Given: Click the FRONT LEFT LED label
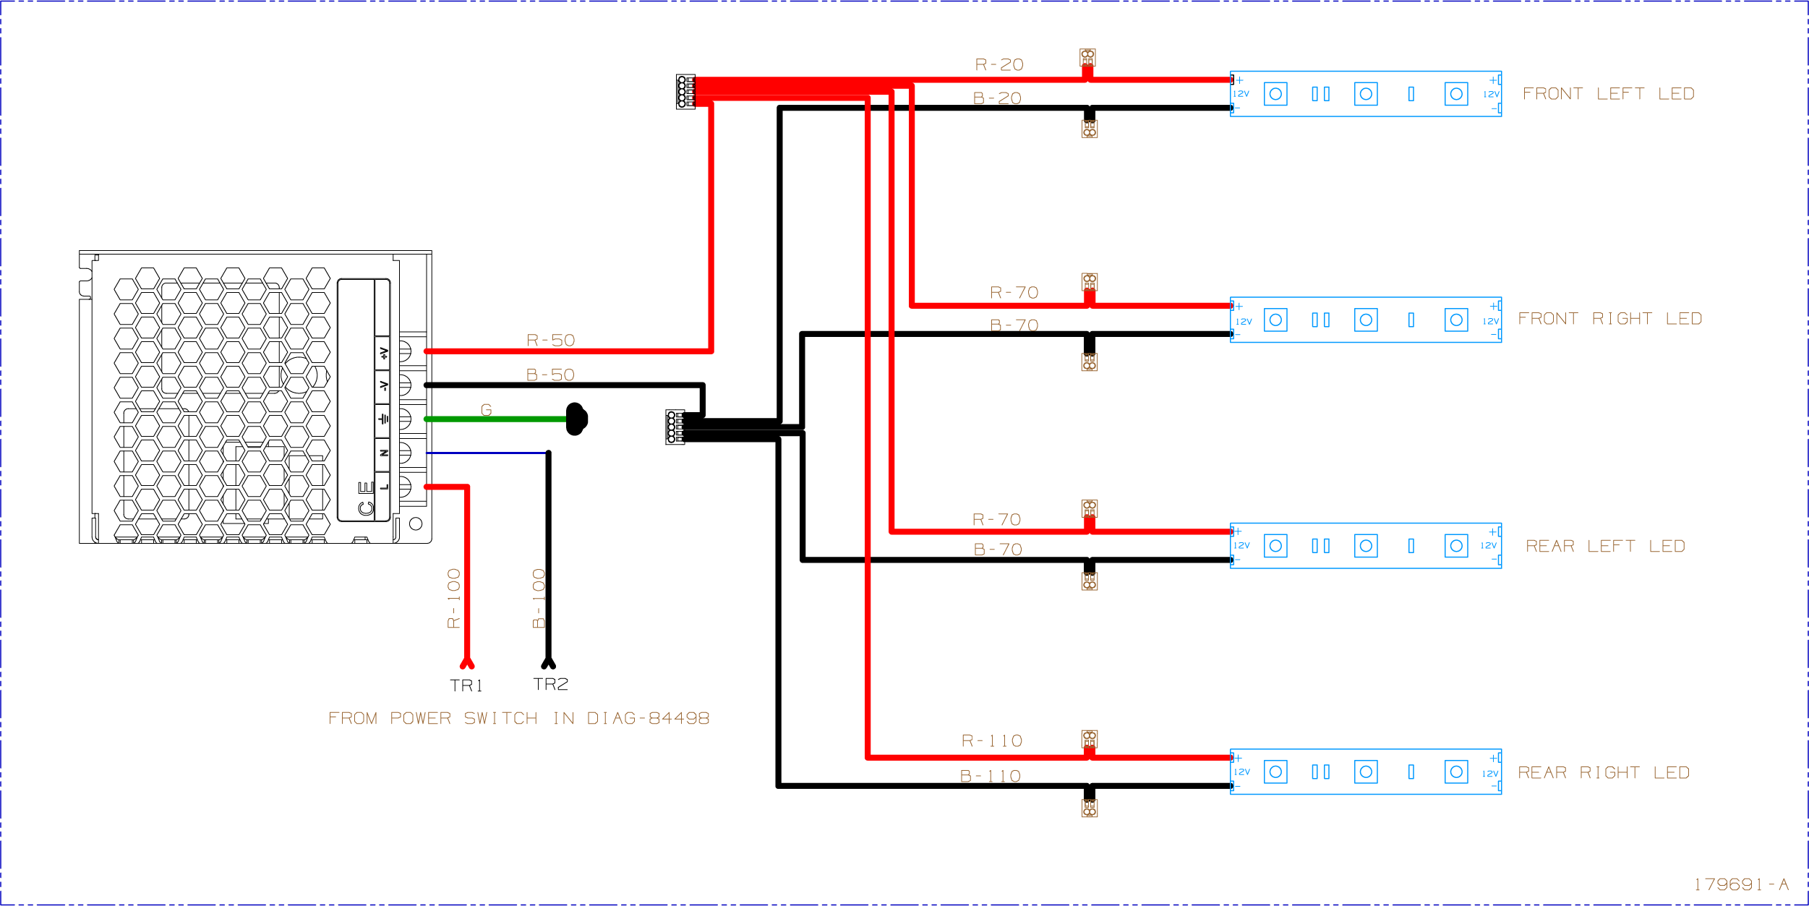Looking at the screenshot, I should coord(1608,94).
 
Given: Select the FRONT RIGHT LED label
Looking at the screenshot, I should coord(1609,319).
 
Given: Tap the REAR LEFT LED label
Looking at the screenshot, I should coord(1605,546).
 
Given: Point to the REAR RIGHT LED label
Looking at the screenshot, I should coord(1603,773).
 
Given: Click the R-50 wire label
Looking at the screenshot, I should coord(550,341).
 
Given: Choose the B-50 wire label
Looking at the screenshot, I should coord(550,375).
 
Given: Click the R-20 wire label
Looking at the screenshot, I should coord(999,65).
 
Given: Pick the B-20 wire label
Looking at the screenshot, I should coord(997,98).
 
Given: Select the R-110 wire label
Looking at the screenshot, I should coord(991,741).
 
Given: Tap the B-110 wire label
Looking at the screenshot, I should coord(990,777).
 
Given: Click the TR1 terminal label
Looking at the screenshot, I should coord(466,685).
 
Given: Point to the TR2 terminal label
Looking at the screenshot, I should coord(550,684).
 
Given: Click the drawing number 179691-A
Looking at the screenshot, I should coord(1740,884).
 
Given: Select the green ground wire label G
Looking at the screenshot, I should coord(487,410).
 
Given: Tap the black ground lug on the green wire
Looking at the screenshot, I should coord(576,419).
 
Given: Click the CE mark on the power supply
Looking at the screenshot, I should coord(366,499).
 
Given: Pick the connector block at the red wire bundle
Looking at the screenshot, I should coord(685,92).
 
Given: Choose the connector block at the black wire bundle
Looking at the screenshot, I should coord(675,427).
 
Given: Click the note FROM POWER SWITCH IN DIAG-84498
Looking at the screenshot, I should coord(518,718).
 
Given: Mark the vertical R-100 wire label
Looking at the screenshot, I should coord(453,598).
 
